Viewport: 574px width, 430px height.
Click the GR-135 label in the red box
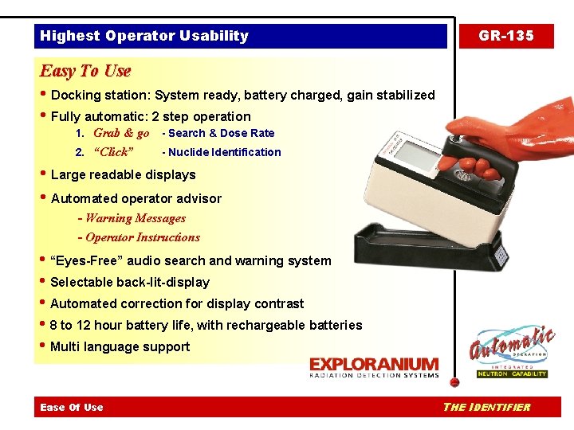505,36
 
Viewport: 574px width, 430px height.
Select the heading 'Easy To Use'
85,71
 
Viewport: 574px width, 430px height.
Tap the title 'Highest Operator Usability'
144,36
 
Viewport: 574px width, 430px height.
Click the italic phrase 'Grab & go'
121,133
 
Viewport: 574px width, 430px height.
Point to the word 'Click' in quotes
114,152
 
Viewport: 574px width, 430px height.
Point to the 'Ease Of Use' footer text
72,408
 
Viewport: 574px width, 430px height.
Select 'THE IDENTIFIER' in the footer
486,408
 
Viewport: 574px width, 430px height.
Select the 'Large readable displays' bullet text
123,174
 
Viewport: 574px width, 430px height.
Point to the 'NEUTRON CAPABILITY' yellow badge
512,373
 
